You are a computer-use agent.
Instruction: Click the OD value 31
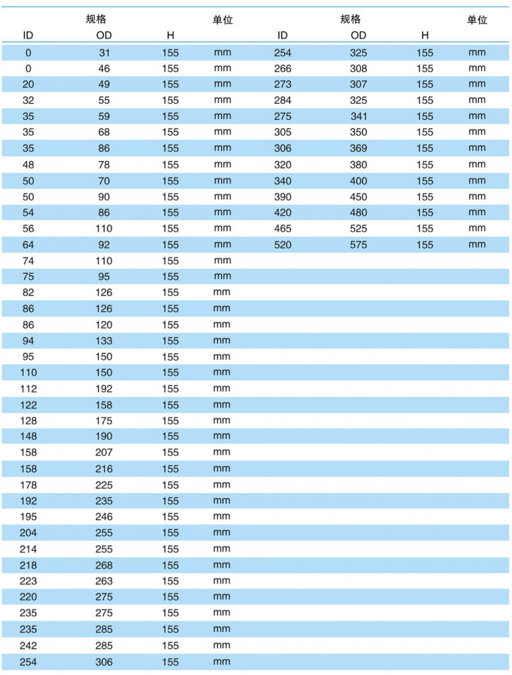click(x=104, y=52)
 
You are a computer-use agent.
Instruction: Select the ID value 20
click(x=28, y=84)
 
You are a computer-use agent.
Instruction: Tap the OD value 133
click(x=104, y=341)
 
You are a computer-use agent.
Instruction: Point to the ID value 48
click(x=28, y=165)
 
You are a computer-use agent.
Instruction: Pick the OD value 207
click(x=104, y=453)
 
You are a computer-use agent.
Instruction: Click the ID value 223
click(x=28, y=581)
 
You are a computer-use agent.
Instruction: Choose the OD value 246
click(x=104, y=517)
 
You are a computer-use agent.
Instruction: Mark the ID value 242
click(x=28, y=645)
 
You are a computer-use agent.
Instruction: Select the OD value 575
click(x=359, y=245)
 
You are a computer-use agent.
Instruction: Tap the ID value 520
click(x=282, y=245)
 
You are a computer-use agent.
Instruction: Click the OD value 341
click(x=359, y=116)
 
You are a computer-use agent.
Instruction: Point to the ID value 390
click(x=282, y=197)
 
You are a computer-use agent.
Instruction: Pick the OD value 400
click(x=359, y=181)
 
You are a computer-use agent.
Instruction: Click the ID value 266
click(x=282, y=69)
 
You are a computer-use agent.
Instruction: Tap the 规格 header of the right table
click(x=350, y=20)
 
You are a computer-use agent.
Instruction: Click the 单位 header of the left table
click(x=223, y=20)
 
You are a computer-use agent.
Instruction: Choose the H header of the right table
click(x=425, y=35)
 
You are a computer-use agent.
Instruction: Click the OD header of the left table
click(x=104, y=35)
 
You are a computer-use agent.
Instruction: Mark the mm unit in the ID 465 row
click(x=477, y=229)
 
